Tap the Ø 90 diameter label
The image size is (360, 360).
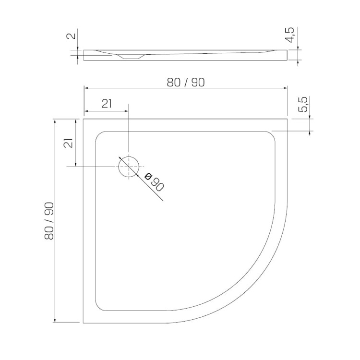coord(154,182)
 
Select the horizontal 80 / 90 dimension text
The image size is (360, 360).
coord(185,83)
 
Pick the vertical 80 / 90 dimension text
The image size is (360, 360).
coord(49,221)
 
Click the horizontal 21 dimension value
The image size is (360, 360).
coord(107,104)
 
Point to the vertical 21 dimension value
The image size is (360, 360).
coord(68,143)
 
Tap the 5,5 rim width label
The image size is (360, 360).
coord(303,105)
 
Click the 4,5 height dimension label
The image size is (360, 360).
coord(289,35)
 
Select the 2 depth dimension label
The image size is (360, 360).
coord(71,36)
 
